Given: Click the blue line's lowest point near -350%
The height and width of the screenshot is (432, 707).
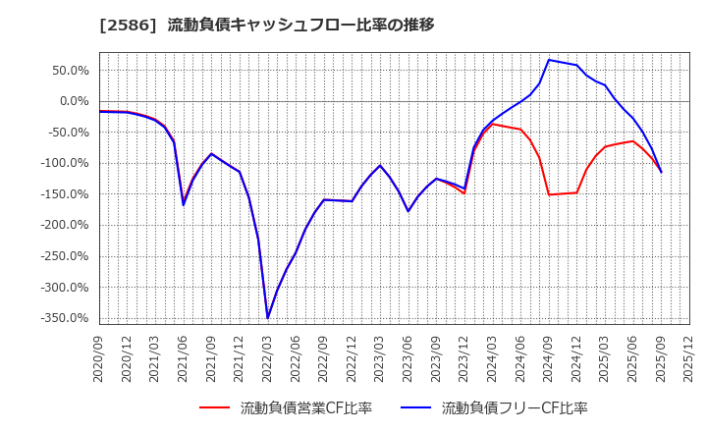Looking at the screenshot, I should [267, 318].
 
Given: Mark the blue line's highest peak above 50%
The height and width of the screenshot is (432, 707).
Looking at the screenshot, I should [549, 60].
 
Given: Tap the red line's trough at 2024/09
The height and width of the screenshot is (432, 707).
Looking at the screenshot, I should [549, 194].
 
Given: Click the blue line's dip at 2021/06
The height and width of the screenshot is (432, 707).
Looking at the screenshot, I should [184, 204].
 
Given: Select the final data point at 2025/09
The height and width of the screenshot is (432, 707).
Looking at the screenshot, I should [661, 172].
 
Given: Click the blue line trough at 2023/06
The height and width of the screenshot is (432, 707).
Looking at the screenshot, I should [408, 211].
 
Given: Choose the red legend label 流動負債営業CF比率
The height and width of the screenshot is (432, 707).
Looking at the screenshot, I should [306, 408].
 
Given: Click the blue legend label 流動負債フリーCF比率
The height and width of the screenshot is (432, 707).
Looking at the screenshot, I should [515, 408].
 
